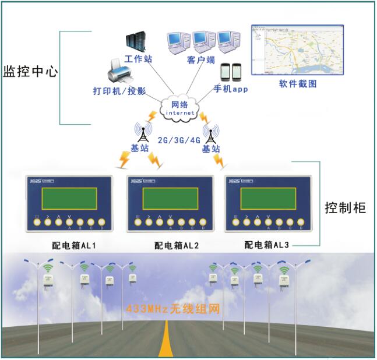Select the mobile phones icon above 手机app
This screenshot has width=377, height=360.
click(x=232, y=72)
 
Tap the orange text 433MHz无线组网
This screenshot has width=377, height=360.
click(x=172, y=309)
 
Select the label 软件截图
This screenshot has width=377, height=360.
click(x=298, y=84)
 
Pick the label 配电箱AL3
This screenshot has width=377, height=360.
click(x=267, y=245)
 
